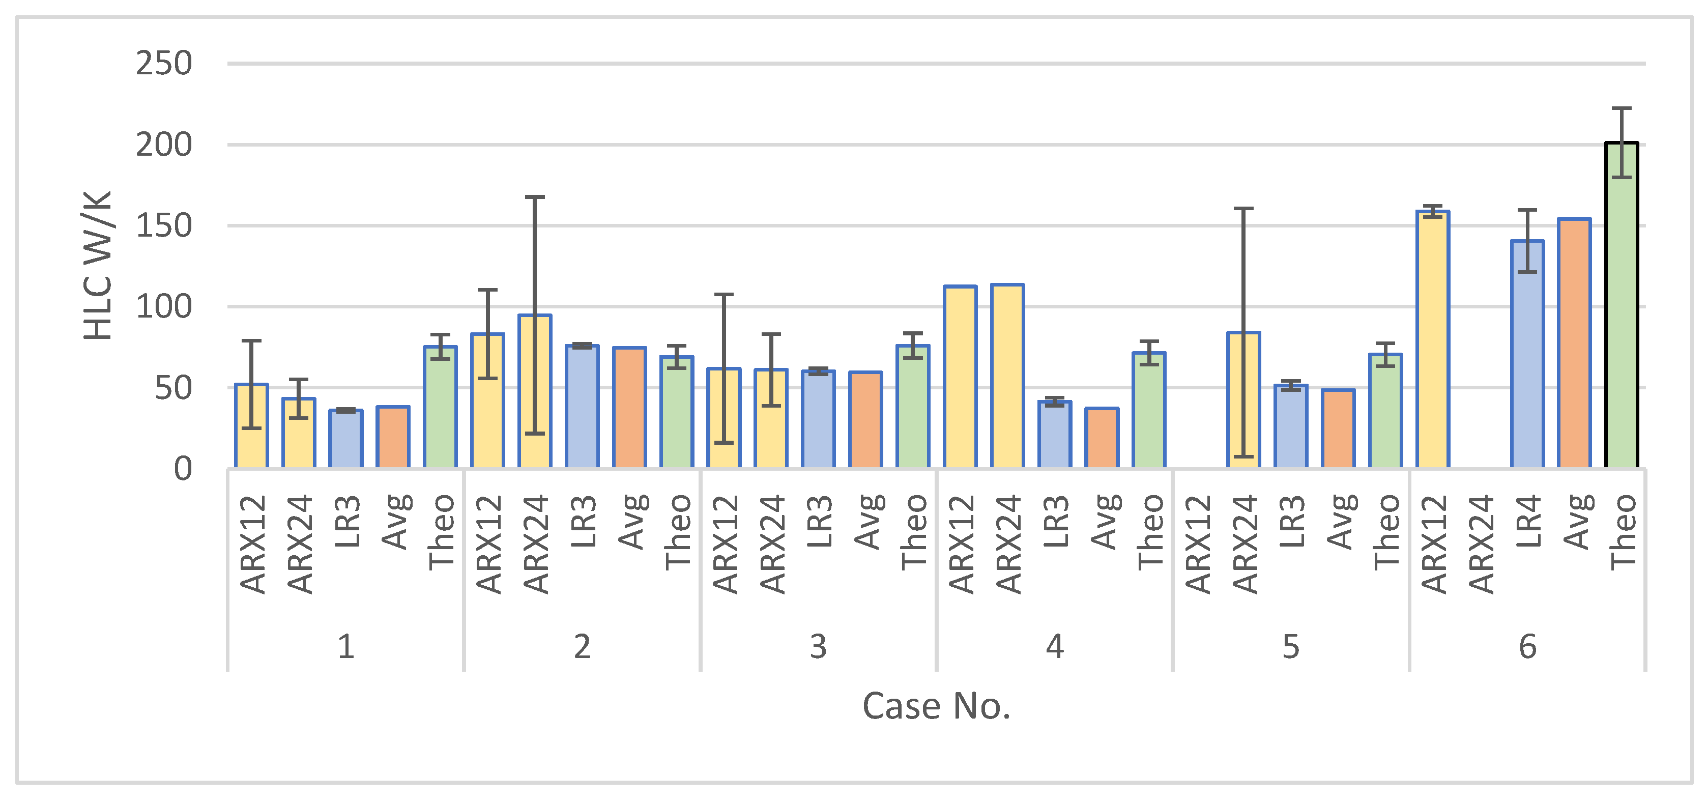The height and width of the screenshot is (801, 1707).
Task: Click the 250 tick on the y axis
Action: [x=164, y=64]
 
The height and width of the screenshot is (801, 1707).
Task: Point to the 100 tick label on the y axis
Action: [x=164, y=307]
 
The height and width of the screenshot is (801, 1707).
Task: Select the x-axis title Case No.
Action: [x=936, y=706]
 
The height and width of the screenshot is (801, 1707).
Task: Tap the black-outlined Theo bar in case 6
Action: [x=1621, y=305]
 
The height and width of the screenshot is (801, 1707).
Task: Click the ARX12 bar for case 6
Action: [x=1433, y=340]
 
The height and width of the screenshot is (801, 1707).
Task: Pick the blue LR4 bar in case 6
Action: [x=1527, y=355]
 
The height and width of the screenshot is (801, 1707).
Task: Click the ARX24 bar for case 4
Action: [x=1007, y=376]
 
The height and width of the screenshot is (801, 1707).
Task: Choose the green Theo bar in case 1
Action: [x=440, y=408]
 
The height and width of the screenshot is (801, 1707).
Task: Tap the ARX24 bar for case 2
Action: [x=535, y=391]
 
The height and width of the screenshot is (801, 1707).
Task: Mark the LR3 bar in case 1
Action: [x=346, y=439]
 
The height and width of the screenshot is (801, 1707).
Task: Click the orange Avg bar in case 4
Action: [x=1102, y=439]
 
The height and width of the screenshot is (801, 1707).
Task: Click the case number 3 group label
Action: [x=818, y=647]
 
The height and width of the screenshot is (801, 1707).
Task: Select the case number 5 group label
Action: [x=1290, y=647]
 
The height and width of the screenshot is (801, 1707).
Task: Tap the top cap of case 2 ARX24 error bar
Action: [x=535, y=197]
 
